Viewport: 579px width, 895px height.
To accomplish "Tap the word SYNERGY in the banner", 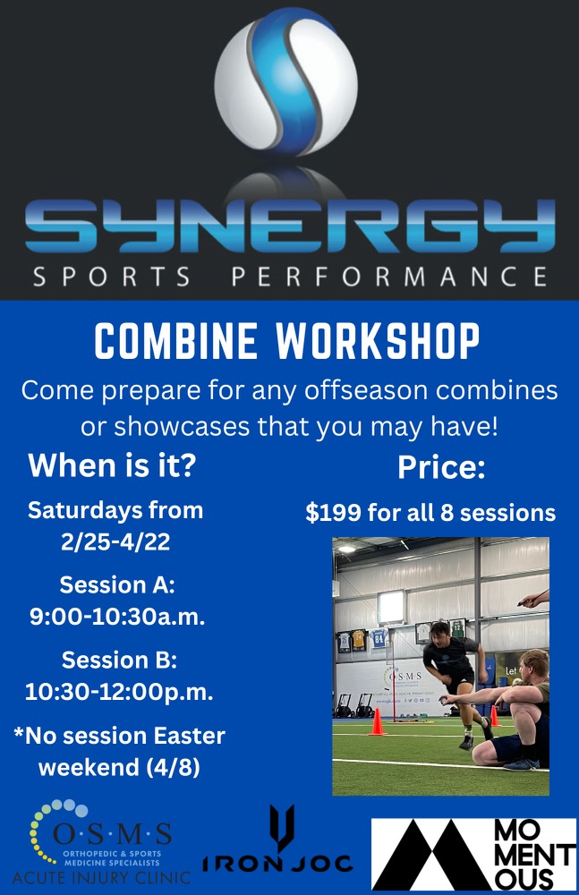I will coord(290,224).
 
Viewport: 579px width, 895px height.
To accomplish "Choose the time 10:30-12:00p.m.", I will coord(119,691).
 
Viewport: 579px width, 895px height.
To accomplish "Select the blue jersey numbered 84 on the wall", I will coord(379,637).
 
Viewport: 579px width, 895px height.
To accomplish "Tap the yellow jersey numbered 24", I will coord(359,638).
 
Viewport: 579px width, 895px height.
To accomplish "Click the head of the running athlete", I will coord(440,635).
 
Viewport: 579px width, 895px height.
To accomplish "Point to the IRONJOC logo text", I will coord(278,863).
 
